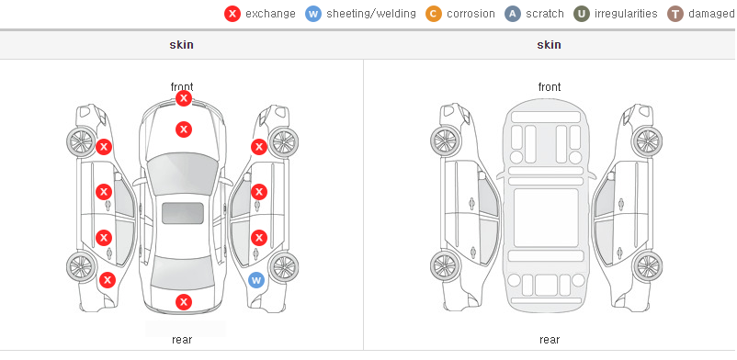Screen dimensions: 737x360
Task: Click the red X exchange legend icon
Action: (x=232, y=14)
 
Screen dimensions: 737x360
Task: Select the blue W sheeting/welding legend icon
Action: (x=313, y=14)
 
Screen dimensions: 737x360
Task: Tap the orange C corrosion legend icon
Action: (x=434, y=14)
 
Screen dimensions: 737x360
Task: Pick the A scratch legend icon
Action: (x=513, y=14)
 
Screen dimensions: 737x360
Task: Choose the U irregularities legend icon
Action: (x=582, y=14)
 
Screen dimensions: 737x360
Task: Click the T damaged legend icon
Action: (x=675, y=14)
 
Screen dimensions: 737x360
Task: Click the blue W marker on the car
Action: (x=256, y=281)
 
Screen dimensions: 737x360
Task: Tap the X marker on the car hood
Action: (x=184, y=129)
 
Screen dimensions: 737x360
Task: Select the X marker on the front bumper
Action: (x=184, y=98)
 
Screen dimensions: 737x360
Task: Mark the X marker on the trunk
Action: (x=184, y=302)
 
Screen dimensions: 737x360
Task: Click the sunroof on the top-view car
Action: (x=183, y=213)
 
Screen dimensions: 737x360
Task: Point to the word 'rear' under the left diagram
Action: (x=182, y=340)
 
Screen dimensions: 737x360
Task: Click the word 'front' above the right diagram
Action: (x=550, y=87)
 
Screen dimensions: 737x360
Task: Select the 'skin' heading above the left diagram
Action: (x=181, y=45)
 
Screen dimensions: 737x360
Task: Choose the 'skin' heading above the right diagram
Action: (x=549, y=45)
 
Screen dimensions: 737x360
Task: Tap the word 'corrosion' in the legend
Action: (x=471, y=14)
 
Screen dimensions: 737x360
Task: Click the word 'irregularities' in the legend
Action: (x=626, y=14)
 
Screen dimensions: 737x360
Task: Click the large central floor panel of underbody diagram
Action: (x=546, y=218)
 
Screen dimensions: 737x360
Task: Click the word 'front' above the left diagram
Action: (x=182, y=87)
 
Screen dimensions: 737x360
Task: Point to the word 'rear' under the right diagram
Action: (x=550, y=340)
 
